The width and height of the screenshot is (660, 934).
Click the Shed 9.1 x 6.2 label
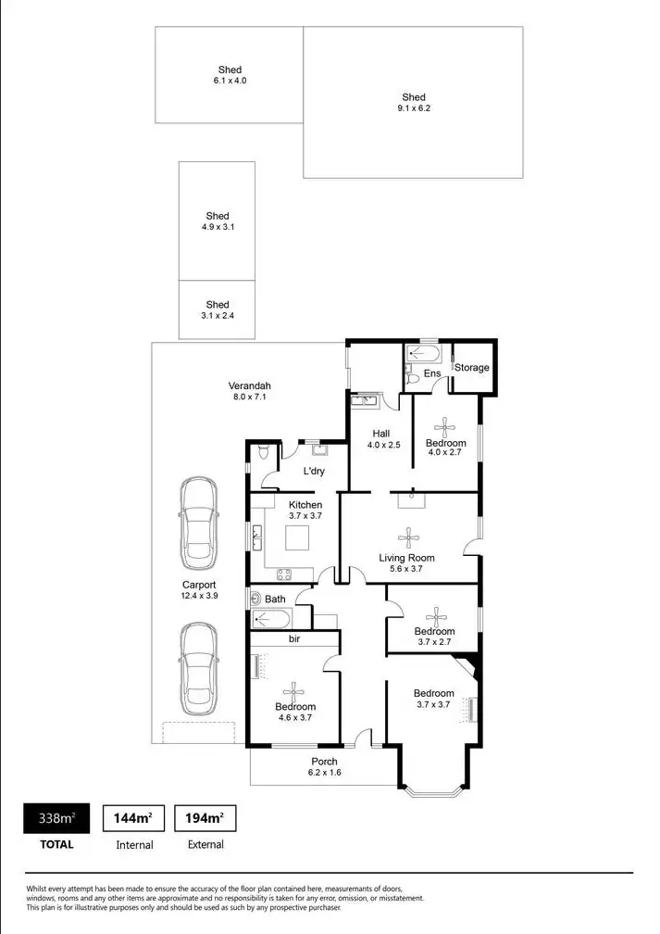[x=414, y=103]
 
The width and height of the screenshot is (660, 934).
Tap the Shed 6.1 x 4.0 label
[x=230, y=75]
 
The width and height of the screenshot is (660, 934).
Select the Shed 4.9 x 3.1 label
[x=218, y=221]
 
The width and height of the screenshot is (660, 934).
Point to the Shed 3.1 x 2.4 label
[x=218, y=309]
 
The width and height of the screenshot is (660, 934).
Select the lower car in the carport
[x=198, y=668]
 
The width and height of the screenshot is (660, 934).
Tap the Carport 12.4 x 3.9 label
[x=199, y=590]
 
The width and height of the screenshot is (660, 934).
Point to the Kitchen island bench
[x=298, y=537]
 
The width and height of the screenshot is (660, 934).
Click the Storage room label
[x=471, y=368]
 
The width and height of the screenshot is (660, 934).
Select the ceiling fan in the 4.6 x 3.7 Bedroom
[x=294, y=688]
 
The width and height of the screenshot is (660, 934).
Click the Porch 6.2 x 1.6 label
[x=325, y=766]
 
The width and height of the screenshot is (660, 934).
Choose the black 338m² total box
[x=56, y=818]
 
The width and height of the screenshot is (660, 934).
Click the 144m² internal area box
[x=133, y=818]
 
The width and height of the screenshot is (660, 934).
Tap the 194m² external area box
[x=205, y=818]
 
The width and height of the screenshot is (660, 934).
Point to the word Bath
[x=275, y=599]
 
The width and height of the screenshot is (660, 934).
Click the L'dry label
[x=313, y=473]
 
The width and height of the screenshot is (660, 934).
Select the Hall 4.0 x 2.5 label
[x=381, y=439]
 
